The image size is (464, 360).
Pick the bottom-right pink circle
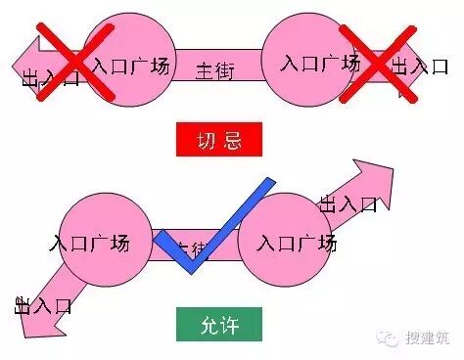284,240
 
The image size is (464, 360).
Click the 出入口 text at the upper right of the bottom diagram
348,204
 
